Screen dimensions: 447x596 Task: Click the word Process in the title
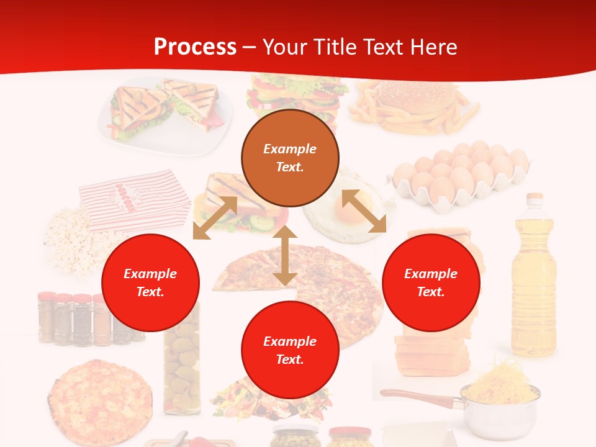pos(195,47)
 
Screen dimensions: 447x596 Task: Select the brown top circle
pos(290,158)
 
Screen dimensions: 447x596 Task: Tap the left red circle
pos(150,282)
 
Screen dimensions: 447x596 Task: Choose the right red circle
pos(431,282)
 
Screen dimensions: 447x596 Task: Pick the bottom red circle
pos(290,350)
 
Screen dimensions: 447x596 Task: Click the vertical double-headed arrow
pos(285,255)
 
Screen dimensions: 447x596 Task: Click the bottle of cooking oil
pos(533,279)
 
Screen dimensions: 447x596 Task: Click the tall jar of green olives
pos(182,360)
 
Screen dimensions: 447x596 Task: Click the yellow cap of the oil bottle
pos(534,199)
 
